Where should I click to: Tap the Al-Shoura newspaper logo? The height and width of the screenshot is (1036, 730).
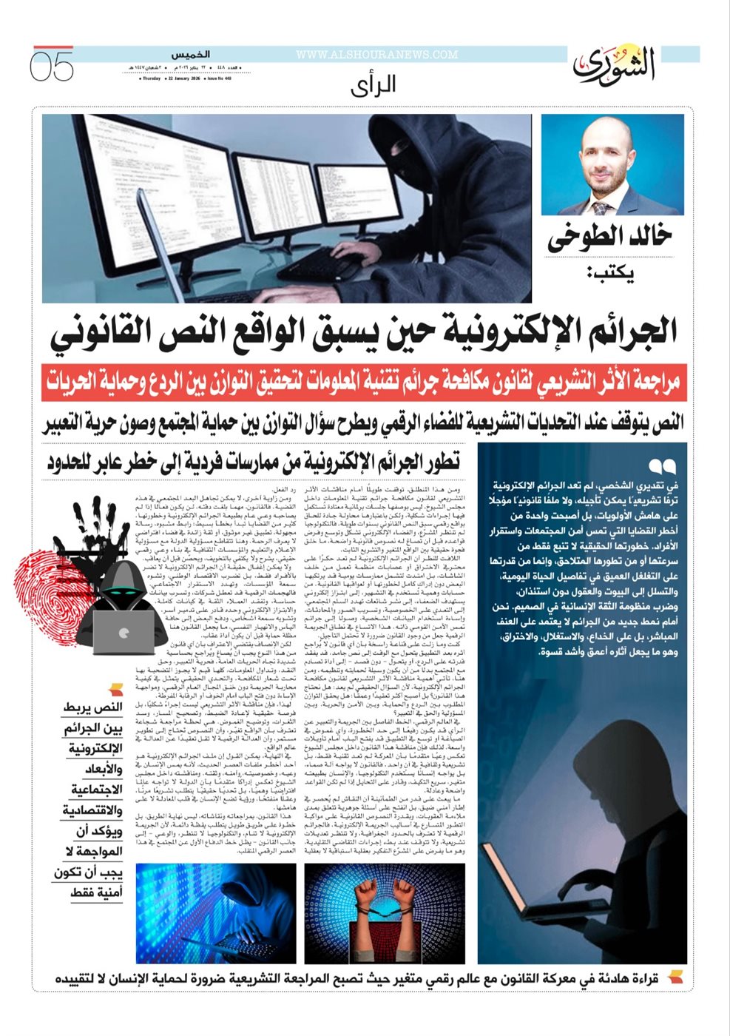(614, 64)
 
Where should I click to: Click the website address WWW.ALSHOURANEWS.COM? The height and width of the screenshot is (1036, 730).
(376, 55)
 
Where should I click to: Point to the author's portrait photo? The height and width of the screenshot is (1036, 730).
(612, 164)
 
